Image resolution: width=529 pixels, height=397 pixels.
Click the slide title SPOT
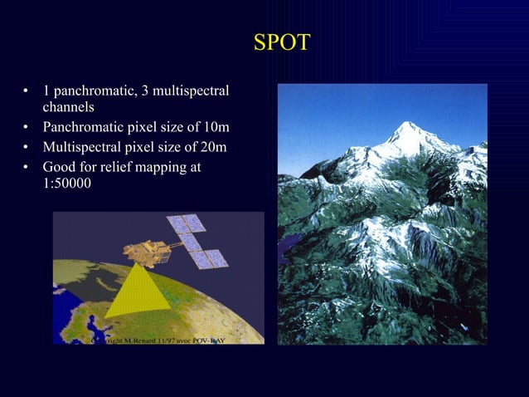click(x=281, y=42)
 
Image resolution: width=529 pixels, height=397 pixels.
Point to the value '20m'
click(x=215, y=149)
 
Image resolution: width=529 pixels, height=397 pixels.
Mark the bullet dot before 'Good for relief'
click(x=27, y=168)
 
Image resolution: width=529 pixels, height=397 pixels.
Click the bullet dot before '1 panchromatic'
click(x=27, y=90)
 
